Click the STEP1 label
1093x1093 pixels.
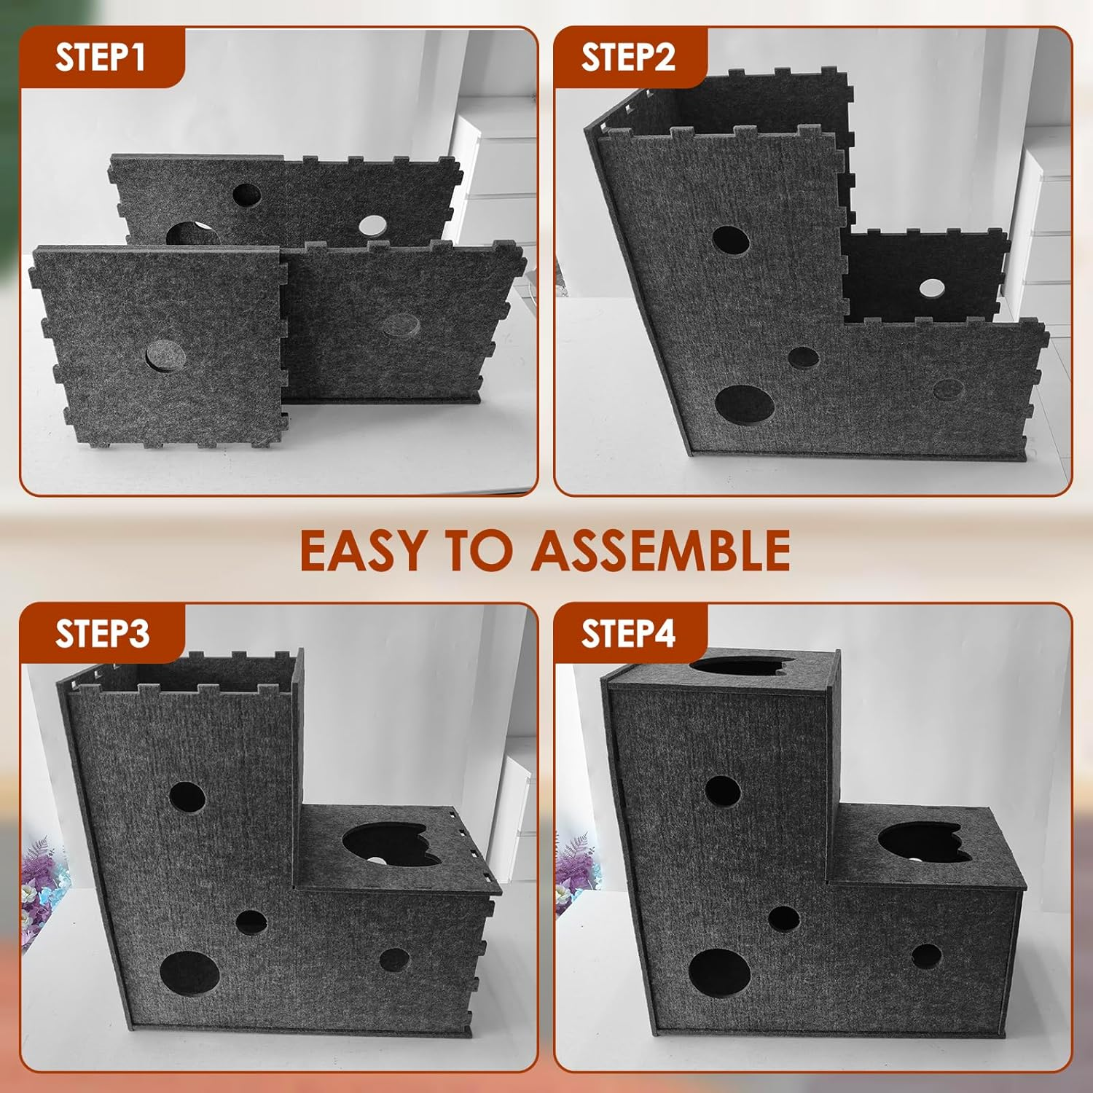click(101, 57)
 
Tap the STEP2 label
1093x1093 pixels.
click(628, 57)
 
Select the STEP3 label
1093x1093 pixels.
click(102, 632)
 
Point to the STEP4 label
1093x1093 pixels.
click(628, 632)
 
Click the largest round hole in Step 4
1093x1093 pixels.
click(719, 973)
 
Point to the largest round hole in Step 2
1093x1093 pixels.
click(744, 405)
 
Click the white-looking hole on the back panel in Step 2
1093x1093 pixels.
click(931, 289)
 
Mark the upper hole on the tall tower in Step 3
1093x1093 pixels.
click(187, 798)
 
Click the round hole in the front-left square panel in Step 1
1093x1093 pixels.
click(165, 356)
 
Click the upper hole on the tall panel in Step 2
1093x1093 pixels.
click(730, 240)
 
